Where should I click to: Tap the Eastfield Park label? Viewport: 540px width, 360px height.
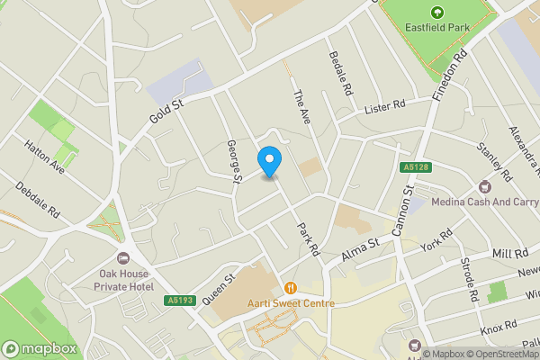pyautogui.click(x=437, y=28)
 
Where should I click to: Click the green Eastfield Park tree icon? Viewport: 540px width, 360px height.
pyautogui.click(x=437, y=12)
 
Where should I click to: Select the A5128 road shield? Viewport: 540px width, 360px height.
pyautogui.click(x=414, y=167)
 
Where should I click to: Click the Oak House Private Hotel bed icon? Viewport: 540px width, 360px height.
pyautogui.click(x=124, y=257)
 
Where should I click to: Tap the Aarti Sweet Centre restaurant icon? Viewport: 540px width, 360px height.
pyautogui.click(x=291, y=288)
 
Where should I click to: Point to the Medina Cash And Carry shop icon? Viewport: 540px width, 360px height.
pyautogui.click(x=485, y=186)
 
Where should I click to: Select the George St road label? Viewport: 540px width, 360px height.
pyautogui.click(x=235, y=161)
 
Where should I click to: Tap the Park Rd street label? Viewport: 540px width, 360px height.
pyautogui.click(x=309, y=239)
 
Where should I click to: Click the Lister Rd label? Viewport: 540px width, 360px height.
pyautogui.click(x=385, y=108)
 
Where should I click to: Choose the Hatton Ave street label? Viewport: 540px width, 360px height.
pyautogui.click(x=45, y=155)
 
